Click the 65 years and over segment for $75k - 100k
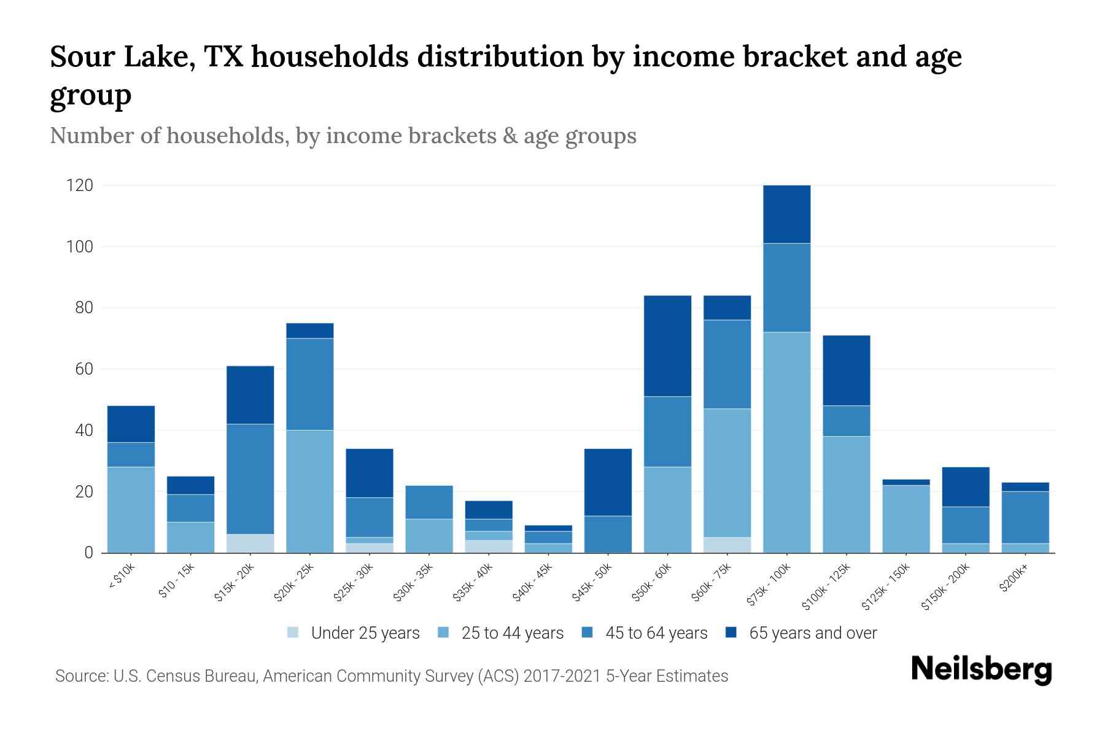click(x=786, y=214)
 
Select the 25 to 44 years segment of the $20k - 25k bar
click(x=310, y=491)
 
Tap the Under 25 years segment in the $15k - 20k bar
click(x=250, y=544)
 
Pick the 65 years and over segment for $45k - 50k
click(x=608, y=482)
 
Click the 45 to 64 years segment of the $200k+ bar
click(x=1025, y=517)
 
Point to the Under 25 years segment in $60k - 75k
click(x=727, y=545)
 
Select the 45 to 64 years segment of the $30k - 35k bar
click(x=429, y=502)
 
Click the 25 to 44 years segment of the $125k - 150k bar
click(x=905, y=519)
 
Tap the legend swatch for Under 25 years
click(x=293, y=633)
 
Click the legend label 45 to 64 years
click(x=656, y=633)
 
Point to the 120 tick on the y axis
click(x=80, y=185)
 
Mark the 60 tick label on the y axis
click(x=84, y=369)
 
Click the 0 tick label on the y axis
click(x=89, y=553)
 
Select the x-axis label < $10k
click(x=122, y=577)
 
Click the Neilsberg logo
click(x=981, y=669)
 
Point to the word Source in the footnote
click(x=80, y=676)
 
